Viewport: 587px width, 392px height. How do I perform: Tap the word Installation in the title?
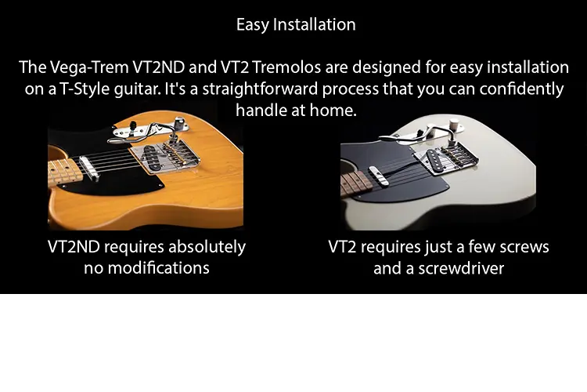(314, 25)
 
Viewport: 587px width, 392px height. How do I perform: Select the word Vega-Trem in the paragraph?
(89, 68)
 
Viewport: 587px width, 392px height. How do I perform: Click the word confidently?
(521, 89)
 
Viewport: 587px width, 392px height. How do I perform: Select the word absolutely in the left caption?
(207, 247)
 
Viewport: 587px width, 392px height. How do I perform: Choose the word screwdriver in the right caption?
(461, 268)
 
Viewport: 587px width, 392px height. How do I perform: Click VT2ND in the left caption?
(74, 247)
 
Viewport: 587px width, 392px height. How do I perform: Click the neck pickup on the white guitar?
(380, 176)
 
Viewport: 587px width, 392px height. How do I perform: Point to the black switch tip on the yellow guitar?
(132, 124)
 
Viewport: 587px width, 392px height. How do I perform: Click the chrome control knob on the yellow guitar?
(179, 122)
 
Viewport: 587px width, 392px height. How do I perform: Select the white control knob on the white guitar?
(455, 124)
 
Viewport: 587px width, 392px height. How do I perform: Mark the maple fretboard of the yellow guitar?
(64, 172)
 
